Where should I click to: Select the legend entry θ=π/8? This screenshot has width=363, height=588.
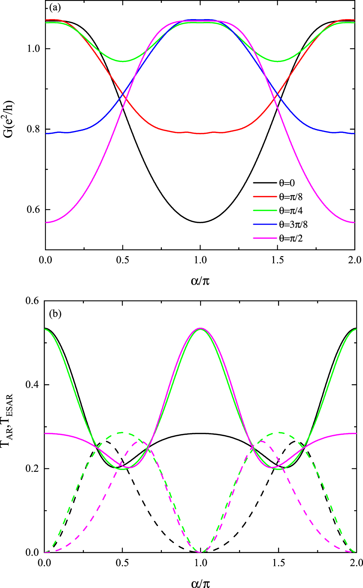(x=290, y=197)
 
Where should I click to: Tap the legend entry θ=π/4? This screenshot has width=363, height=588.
(x=290, y=211)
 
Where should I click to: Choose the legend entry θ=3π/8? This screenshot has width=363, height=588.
(x=293, y=224)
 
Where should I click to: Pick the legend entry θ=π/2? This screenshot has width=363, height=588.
(x=290, y=238)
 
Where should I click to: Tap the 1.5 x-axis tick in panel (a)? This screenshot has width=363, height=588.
(x=277, y=260)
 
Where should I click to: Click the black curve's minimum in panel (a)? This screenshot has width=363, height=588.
(x=200, y=222)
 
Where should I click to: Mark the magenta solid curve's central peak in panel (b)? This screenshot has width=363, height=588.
(x=200, y=328)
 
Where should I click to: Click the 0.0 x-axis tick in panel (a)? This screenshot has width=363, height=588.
(x=45, y=260)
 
